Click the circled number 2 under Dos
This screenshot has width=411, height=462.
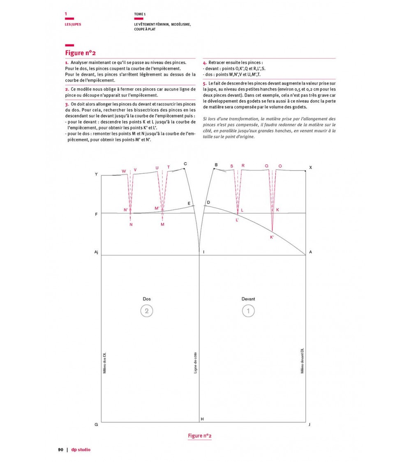coord(146,311)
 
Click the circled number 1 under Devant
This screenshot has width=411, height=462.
coord(248,311)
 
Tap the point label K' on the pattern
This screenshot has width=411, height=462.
coord(272,237)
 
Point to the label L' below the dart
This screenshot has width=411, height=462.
coord(237,220)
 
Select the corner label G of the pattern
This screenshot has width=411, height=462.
coord(96,424)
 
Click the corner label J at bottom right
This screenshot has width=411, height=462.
coord(309,424)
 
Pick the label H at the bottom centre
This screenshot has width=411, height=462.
coord(202,419)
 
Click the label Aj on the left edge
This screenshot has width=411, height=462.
coord(97,252)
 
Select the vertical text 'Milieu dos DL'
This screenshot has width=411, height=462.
coord(104,363)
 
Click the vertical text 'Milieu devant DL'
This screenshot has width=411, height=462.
coord(302,361)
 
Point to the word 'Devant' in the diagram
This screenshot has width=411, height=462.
coord(248,299)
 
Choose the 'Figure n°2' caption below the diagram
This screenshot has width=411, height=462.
coord(199,436)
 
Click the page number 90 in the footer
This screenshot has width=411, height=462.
coord(60,450)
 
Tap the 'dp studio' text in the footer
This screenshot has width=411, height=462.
coord(81,450)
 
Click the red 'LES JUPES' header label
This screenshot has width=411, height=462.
coord(73,24)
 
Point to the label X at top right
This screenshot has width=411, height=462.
coord(310,168)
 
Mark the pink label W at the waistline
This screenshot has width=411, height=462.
coord(124,171)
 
